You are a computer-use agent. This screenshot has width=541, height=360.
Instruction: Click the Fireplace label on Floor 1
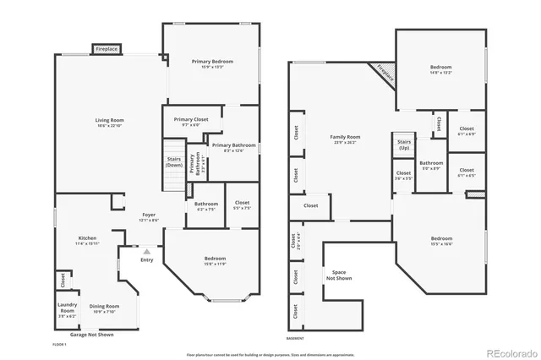[x=106, y=50]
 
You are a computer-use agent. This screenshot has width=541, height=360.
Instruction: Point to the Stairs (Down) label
[x=173, y=162]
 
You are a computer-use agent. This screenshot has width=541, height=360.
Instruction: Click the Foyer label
[x=148, y=216]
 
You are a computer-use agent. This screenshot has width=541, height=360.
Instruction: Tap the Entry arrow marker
[x=146, y=252]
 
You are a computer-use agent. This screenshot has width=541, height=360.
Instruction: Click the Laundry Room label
[x=68, y=308]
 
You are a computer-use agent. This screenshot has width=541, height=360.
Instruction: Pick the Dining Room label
[x=105, y=308]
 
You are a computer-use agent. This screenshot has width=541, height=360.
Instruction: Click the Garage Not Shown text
[x=91, y=335]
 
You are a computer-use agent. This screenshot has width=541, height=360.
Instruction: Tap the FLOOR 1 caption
[x=59, y=345]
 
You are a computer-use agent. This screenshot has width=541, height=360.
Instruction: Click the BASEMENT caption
[x=296, y=339]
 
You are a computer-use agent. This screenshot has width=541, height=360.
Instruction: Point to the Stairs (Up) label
[x=403, y=145]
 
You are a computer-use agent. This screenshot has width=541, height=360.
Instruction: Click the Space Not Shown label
[x=338, y=275]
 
